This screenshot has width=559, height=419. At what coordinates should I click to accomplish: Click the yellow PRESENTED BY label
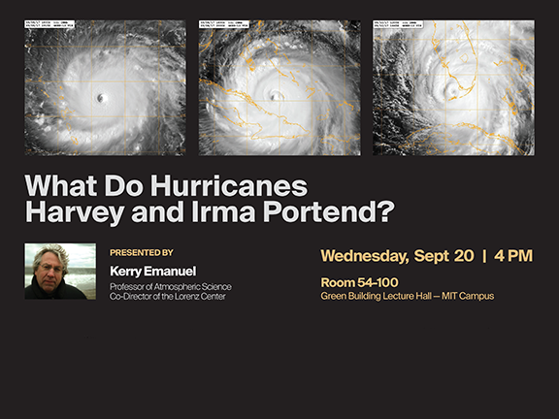tap(142, 252)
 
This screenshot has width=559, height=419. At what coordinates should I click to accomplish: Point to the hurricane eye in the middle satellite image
tap(278, 95)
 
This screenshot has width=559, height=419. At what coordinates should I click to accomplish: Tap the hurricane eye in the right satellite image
tap(450, 93)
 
